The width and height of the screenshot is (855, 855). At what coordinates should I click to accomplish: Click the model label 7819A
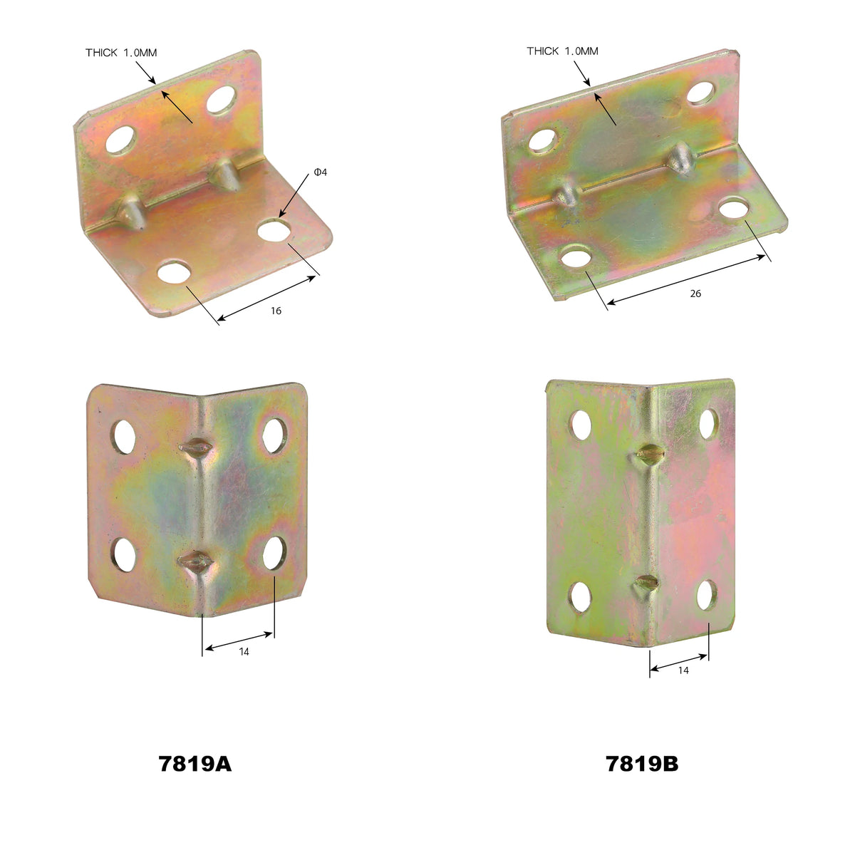[x=195, y=764]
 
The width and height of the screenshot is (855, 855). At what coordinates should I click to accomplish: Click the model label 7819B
[x=642, y=764]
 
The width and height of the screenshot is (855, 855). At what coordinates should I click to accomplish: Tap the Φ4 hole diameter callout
[x=321, y=172]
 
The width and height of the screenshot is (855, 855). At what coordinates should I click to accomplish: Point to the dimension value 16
[x=276, y=311]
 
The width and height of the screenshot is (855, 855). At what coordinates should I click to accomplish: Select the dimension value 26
[x=695, y=294]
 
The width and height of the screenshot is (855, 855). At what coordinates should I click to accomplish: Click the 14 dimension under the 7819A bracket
[x=244, y=652]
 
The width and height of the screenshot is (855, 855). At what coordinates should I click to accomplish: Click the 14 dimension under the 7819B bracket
[x=683, y=670]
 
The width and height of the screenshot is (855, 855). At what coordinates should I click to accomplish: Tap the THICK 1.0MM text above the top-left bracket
[x=121, y=53]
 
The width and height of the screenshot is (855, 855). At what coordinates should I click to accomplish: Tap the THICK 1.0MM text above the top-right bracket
[x=562, y=51]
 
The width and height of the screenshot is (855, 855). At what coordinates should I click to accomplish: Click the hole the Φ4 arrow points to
[x=274, y=230]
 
